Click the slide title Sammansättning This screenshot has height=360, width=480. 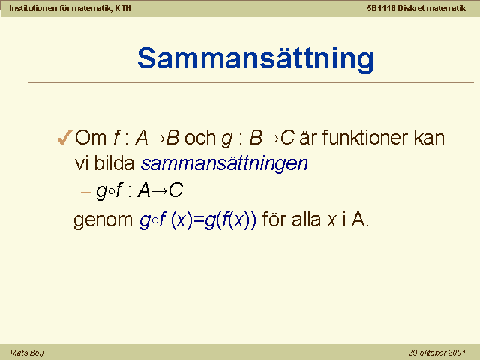pos(256,59)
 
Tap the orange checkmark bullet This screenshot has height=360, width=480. pos(65,137)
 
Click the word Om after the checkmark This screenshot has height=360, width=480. pos(91,138)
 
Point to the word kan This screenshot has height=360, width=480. pos(429,138)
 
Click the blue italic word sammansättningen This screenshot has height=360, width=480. pos(224,163)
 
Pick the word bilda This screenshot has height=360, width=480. pos(115,163)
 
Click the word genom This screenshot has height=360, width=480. pos(103,220)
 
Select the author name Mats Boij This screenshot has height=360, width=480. pos(27,352)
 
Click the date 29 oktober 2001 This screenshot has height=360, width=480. pos(436,352)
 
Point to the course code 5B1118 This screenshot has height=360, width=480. pos(381,8)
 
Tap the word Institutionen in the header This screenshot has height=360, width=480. pos(33,8)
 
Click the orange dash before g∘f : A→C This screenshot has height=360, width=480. pos(85,192)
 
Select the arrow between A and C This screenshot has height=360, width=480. pos(159,192)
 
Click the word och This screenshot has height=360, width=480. pos(200,138)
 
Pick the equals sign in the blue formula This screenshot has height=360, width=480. pos(199,220)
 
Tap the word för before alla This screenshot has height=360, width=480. pos(274,220)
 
